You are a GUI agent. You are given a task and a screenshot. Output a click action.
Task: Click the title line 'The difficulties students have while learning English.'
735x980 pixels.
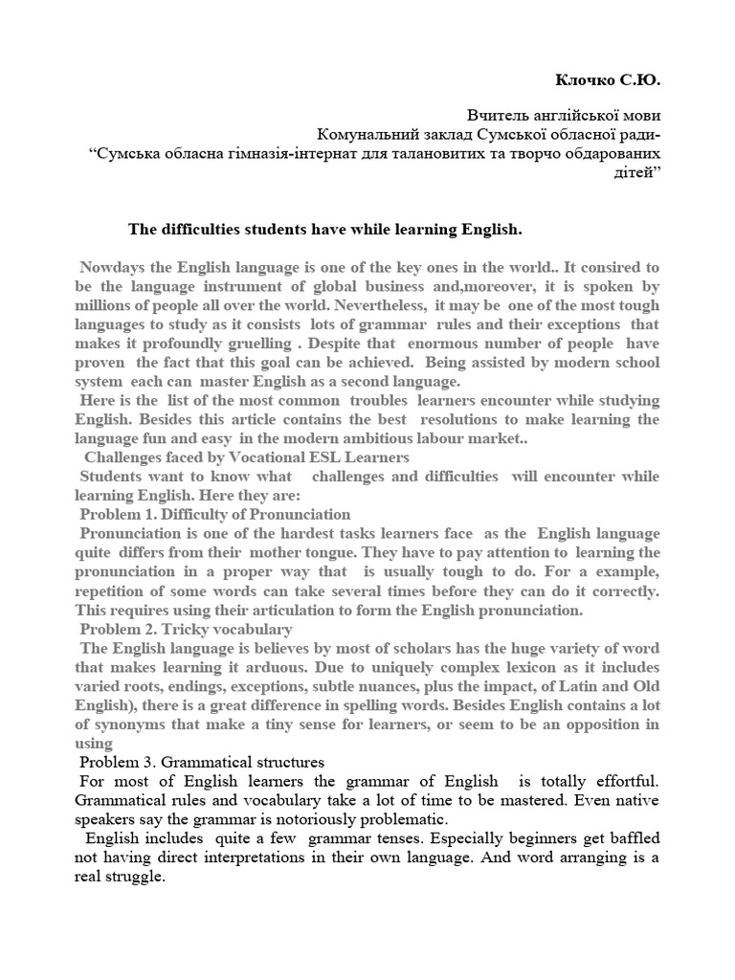point(325,230)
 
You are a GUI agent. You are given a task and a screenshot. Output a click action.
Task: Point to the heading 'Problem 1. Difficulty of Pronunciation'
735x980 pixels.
point(215,515)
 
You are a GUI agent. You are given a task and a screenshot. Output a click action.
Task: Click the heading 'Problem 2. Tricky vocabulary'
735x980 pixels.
point(186,629)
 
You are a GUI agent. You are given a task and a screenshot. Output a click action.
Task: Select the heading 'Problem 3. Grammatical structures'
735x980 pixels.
point(202,763)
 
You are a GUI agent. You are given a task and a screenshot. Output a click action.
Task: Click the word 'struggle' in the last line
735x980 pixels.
point(134,878)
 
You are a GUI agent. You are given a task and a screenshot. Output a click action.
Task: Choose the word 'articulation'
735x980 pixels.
point(294,610)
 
